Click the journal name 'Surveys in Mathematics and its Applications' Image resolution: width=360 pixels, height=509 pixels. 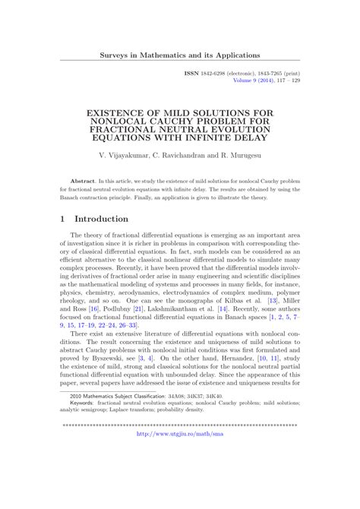point(180,55)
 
